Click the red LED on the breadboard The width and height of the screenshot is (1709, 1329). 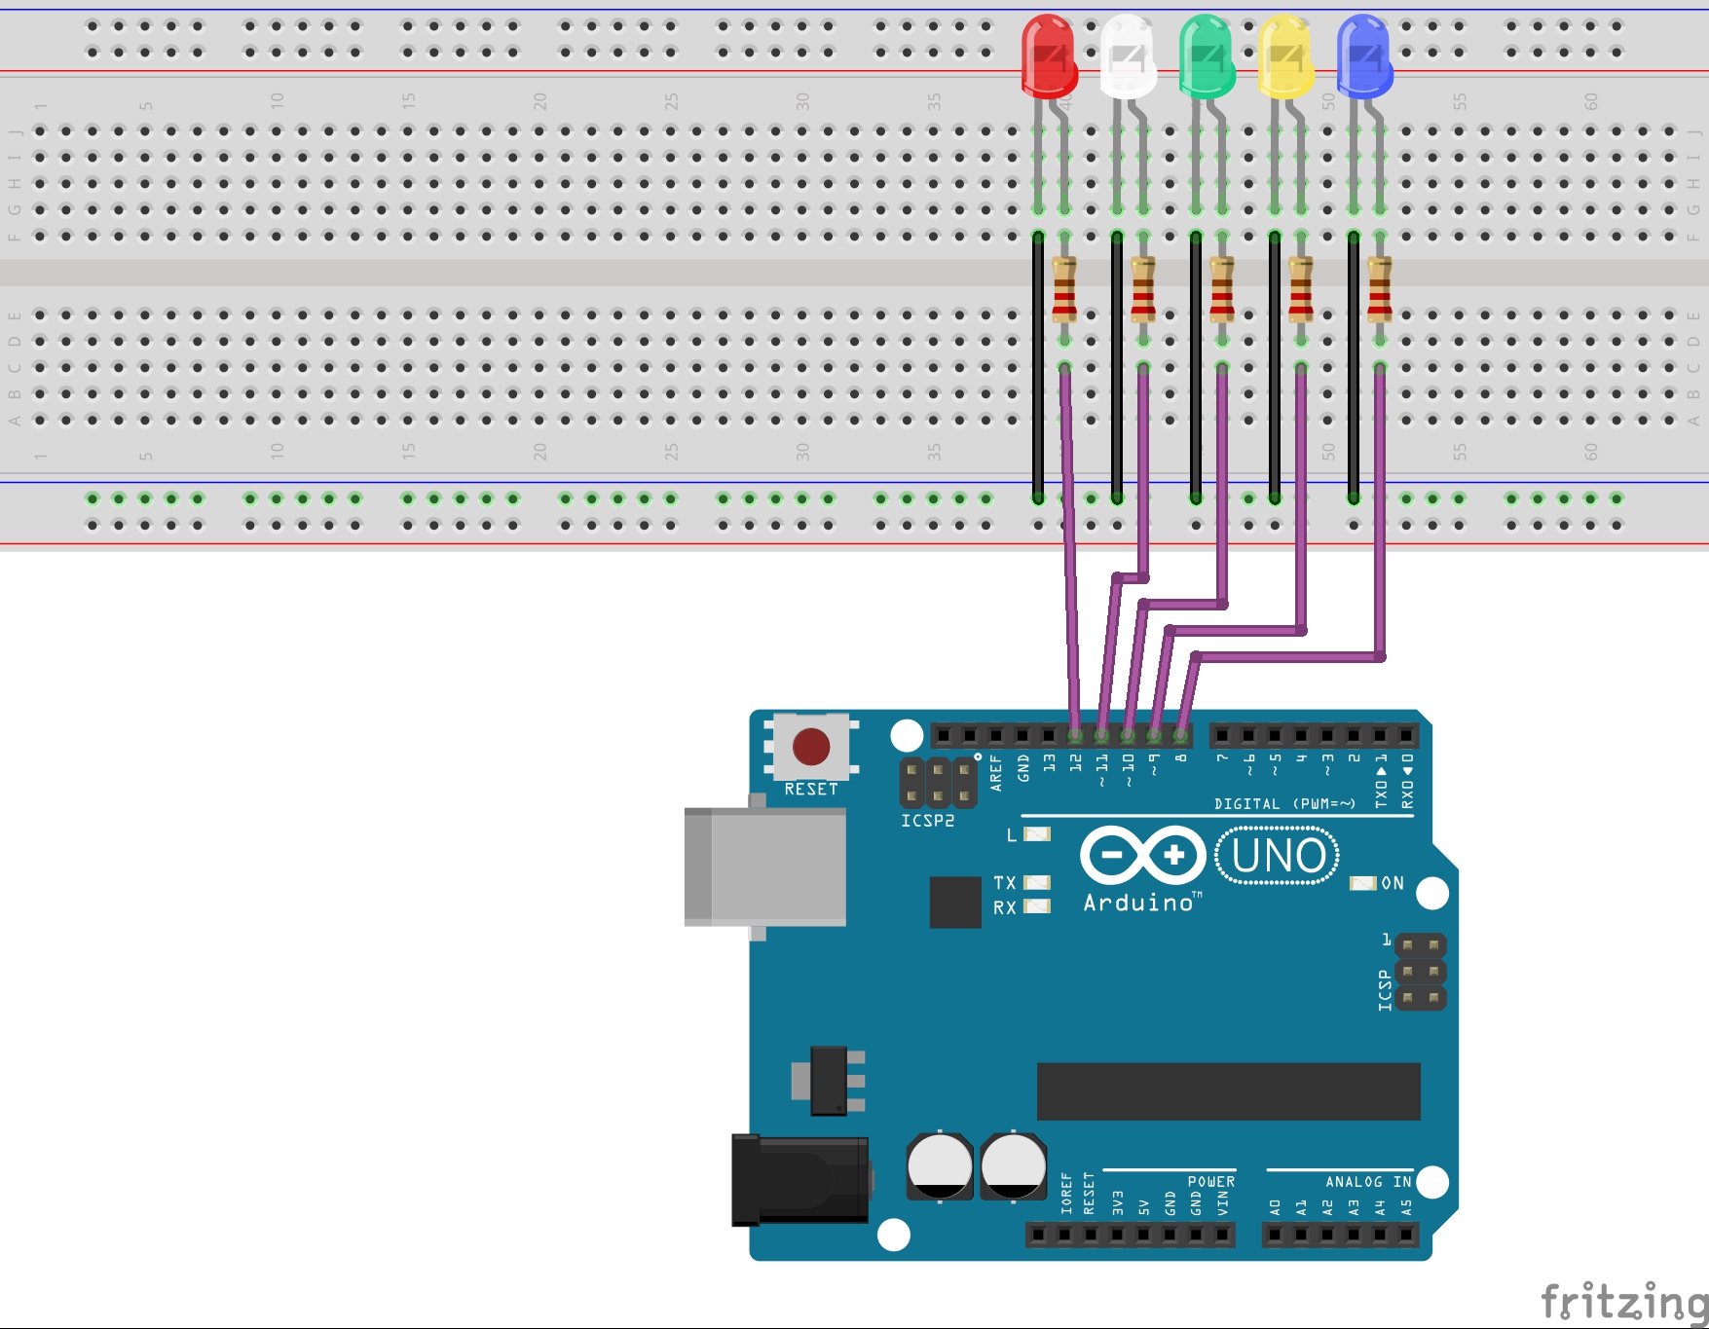point(1048,56)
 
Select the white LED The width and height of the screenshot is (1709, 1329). point(1127,56)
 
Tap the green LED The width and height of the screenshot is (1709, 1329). point(1206,56)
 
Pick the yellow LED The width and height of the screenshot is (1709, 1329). point(1284,56)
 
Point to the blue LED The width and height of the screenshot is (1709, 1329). point(1363,56)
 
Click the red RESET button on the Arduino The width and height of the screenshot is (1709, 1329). point(811,747)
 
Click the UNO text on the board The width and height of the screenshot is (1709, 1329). point(1279,856)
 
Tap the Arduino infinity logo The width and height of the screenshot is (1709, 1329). point(1143,856)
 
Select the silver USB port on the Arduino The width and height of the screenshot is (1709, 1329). point(764,866)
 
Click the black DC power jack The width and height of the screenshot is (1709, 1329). point(800,1179)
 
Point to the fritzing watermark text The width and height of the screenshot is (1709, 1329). point(1623,1302)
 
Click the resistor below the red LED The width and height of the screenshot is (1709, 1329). point(1064,289)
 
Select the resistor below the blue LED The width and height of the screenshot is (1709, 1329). point(1379,289)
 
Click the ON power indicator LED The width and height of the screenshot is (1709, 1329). point(1362,883)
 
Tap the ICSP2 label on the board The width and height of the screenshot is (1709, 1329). point(927,821)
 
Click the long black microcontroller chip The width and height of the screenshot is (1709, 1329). point(1228,1091)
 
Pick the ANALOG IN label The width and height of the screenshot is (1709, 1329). point(1367,1181)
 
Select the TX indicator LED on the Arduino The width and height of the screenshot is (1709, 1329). point(1037,882)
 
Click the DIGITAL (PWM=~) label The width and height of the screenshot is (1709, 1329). point(1283,804)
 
